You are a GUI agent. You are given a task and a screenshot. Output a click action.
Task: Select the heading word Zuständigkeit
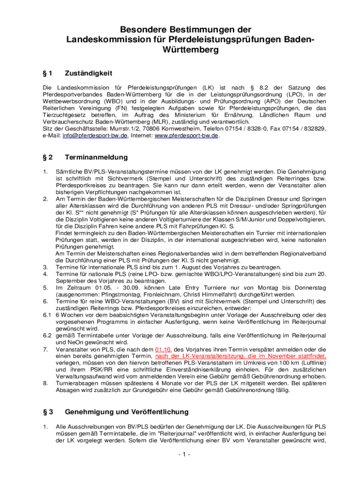[88, 73]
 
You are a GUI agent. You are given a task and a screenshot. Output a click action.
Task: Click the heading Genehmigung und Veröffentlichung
[127, 412]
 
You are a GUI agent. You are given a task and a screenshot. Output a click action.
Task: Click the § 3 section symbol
[48, 412]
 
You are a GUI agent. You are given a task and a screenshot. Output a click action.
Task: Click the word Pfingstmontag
[111, 295]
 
